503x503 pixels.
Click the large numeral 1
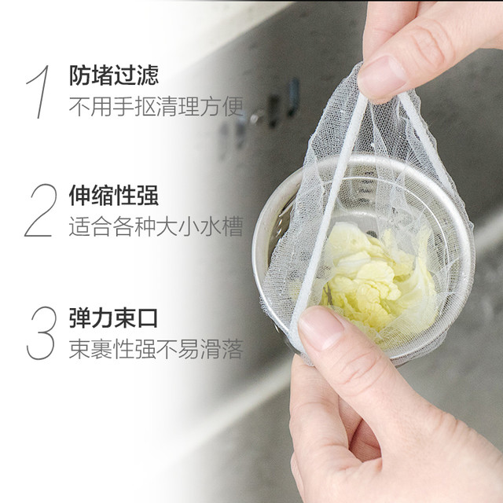40,92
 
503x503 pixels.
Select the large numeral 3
42,333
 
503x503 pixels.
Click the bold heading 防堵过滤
114,75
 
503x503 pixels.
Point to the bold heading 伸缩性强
114,195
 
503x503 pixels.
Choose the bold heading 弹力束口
113,318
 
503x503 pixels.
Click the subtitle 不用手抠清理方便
156,107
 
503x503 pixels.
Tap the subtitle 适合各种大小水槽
156,226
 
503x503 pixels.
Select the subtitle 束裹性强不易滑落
156,349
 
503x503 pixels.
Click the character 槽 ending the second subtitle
233,226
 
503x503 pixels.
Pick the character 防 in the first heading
80,75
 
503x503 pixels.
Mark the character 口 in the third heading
147,318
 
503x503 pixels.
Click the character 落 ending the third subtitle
233,349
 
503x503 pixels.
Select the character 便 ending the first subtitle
233,107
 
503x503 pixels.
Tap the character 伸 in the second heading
80,195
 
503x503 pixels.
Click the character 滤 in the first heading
148,75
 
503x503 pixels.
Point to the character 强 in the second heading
148,195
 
